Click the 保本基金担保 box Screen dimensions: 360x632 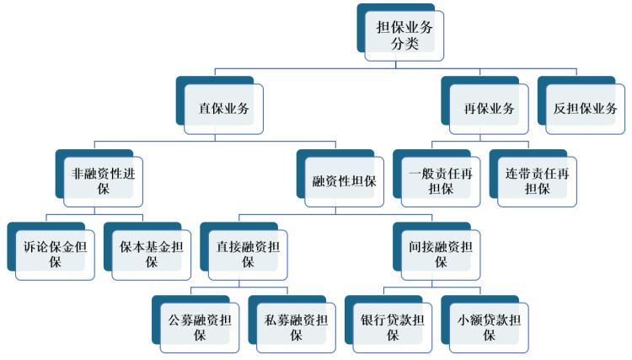(151, 254)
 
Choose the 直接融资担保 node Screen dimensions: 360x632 (248, 254)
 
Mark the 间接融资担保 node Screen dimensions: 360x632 (440, 254)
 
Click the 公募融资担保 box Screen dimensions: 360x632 (200, 326)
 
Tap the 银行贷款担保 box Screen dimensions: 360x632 (392, 326)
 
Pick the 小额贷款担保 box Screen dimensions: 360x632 (488, 326)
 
